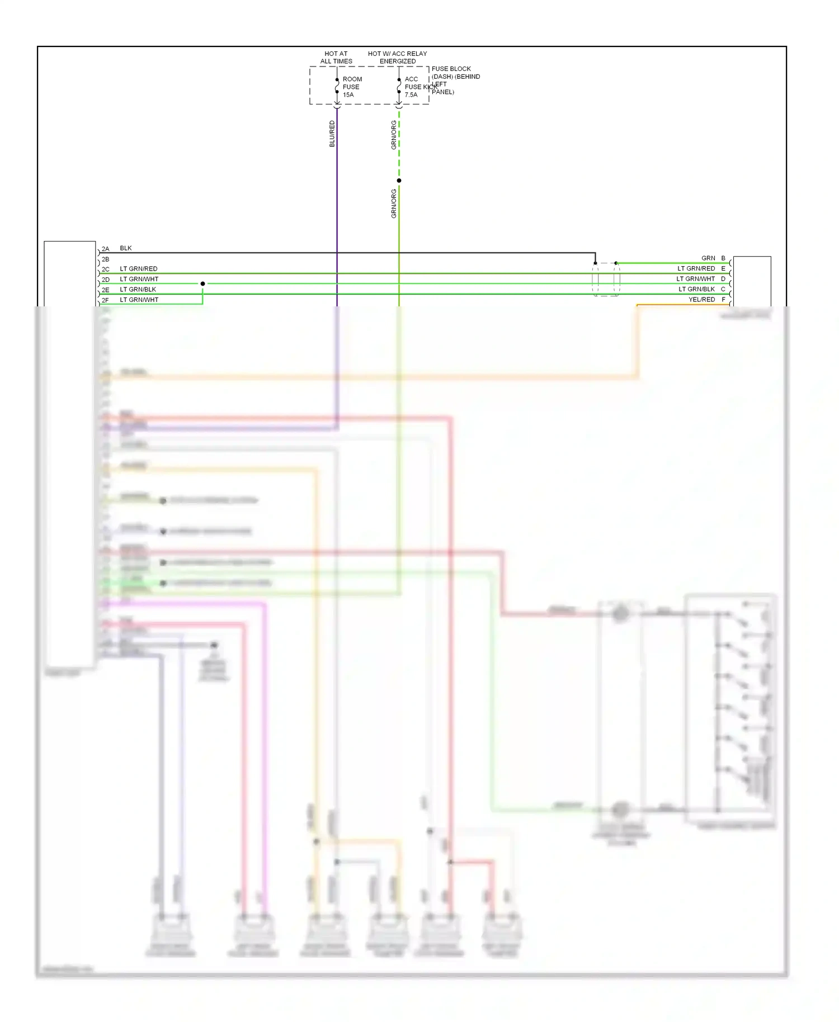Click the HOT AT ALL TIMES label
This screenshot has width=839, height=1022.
(336, 58)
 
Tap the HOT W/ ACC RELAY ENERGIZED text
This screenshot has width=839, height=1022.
(397, 58)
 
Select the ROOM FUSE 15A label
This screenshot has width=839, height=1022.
(352, 87)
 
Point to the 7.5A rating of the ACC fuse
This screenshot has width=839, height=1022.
(411, 95)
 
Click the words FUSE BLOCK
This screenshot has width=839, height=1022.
(451, 69)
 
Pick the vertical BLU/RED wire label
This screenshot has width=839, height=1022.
(332, 134)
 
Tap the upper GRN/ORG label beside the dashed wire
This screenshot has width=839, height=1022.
(394, 135)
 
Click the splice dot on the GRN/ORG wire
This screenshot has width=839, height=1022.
(399, 181)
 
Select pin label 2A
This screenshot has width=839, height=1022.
(106, 249)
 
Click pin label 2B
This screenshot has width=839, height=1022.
(106, 259)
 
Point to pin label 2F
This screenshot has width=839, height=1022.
(106, 301)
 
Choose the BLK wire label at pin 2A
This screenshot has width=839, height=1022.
(126, 248)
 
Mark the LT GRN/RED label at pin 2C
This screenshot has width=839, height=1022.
(139, 269)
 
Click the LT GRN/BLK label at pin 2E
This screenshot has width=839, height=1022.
(138, 290)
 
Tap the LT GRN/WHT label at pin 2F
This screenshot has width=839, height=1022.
(139, 300)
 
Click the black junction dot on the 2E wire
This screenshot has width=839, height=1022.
(202, 284)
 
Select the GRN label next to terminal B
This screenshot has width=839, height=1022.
(708, 258)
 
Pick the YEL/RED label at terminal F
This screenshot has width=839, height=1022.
(701, 300)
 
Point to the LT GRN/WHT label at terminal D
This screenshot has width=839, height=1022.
(695, 279)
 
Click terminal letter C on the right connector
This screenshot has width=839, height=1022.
(723, 290)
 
